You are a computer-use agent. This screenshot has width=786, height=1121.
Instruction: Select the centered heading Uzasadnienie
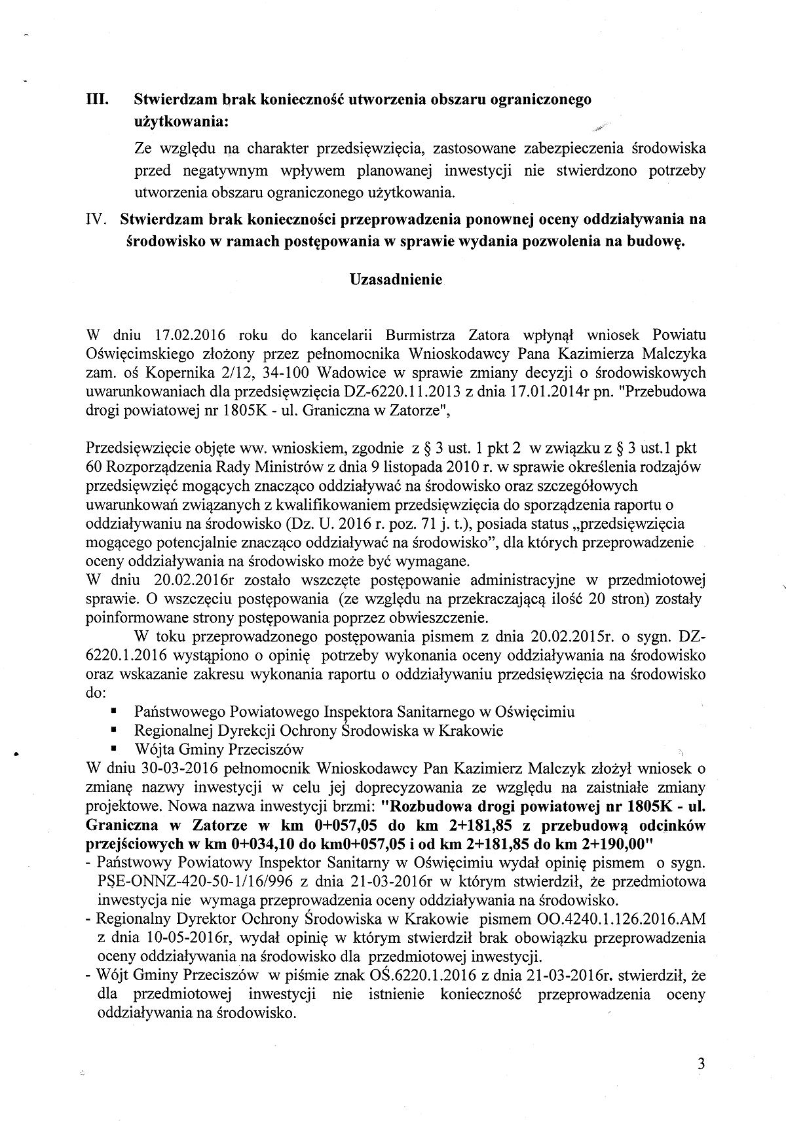click(x=396, y=279)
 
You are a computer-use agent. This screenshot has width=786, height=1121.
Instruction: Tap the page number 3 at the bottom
click(x=702, y=1065)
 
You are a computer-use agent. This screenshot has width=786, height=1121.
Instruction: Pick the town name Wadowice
click(x=348, y=373)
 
